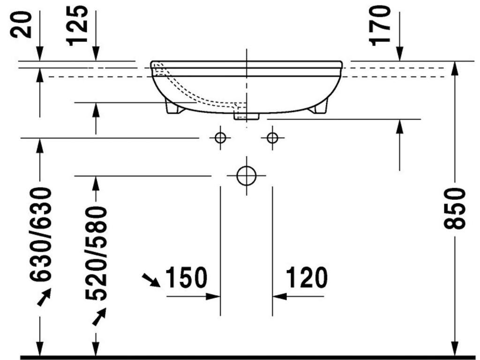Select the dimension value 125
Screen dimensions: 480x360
coord(77,25)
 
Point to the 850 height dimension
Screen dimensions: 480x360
coord(454,209)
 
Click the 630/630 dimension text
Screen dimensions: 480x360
coord(40,234)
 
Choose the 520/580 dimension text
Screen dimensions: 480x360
coord(96,254)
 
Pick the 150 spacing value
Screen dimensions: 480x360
coord(186,277)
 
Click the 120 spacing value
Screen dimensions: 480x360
coord(307,277)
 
